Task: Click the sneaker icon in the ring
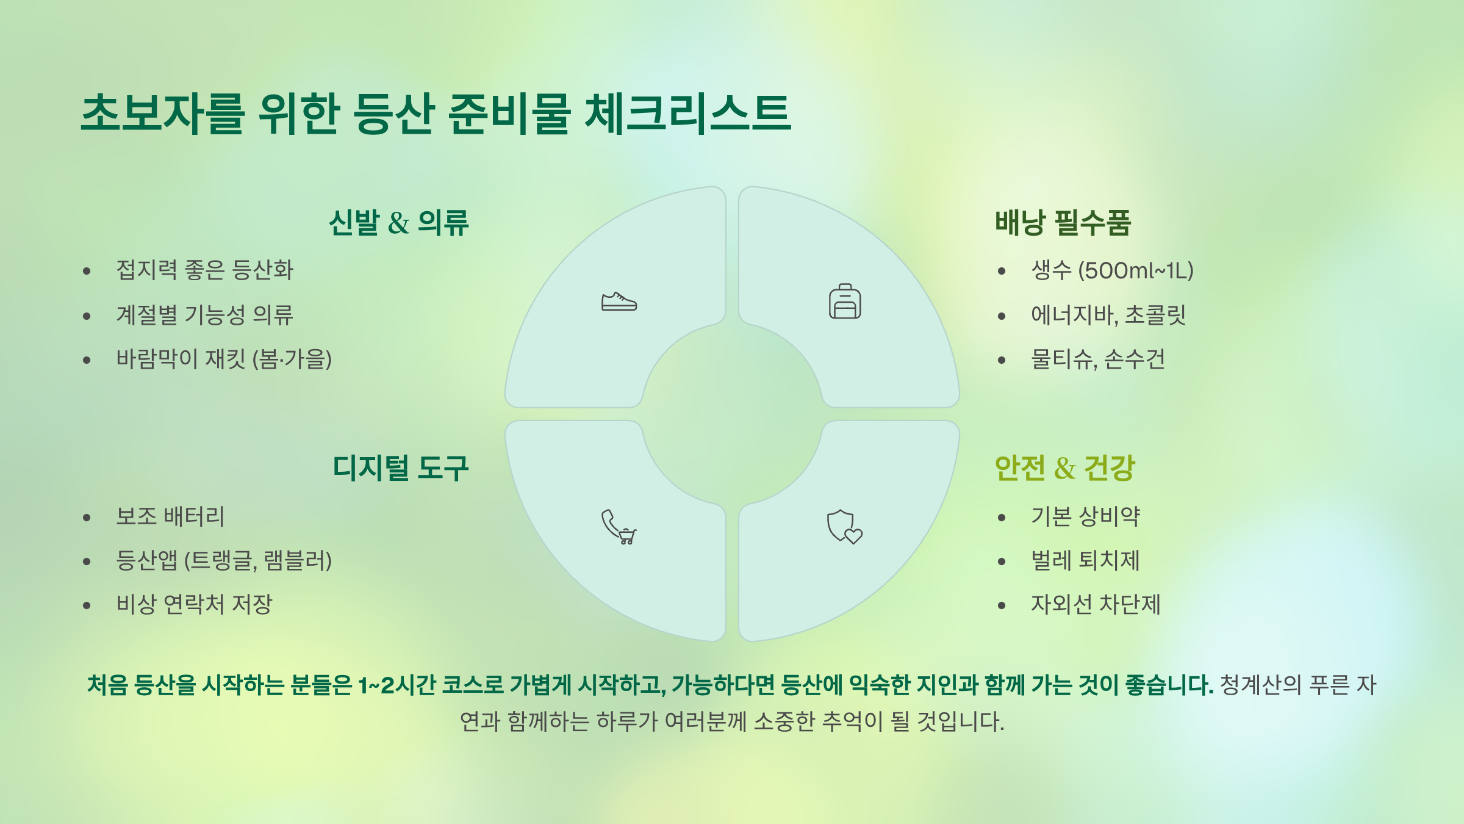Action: tap(619, 302)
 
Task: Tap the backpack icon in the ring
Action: tap(845, 302)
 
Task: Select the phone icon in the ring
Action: tap(617, 526)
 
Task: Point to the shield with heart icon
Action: tap(844, 527)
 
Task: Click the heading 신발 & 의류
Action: tap(399, 223)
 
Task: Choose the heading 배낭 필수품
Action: tap(1063, 223)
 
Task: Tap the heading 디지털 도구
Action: tap(401, 469)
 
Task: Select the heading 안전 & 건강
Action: tap(1064, 469)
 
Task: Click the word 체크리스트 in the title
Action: tap(687, 114)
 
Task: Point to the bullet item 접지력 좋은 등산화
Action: tap(205, 270)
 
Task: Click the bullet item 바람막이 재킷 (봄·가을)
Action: tap(224, 359)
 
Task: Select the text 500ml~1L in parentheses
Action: tap(1135, 270)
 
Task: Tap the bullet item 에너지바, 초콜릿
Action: tap(1108, 315)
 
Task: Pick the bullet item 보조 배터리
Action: tap(171, 516)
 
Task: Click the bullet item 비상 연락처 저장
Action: tap(194, 604)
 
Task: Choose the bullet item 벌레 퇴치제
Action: tap(1085, 560)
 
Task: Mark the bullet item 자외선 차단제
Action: tap(1096, 604)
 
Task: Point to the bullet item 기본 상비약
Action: tap(1085, 516)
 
